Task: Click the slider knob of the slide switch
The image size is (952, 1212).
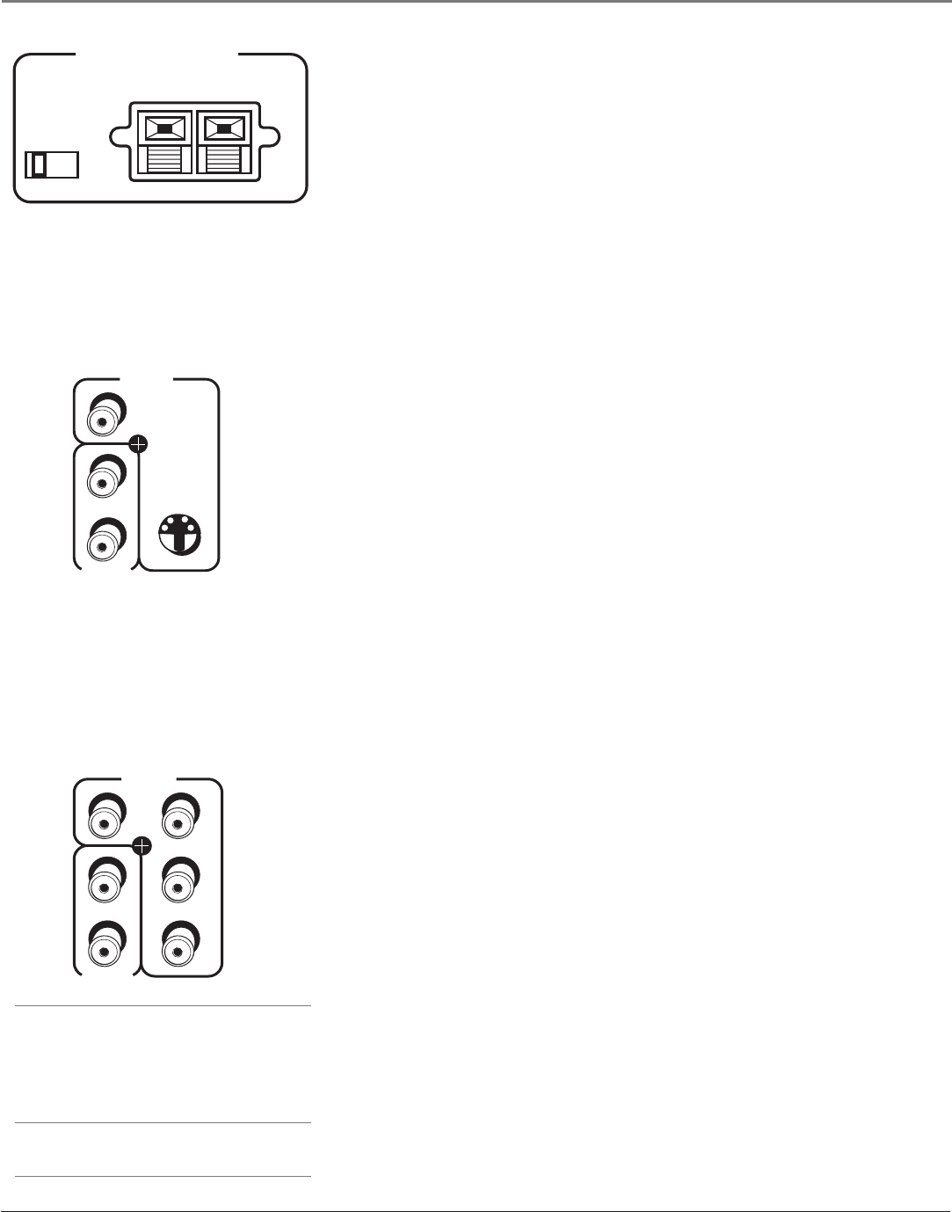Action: [x=37, y=164]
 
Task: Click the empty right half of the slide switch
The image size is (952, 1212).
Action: [x=62, y=164]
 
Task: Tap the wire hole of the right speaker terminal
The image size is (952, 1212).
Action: [x=224, y=128]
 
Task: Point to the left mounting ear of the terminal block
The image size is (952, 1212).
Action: [x=119, y=138]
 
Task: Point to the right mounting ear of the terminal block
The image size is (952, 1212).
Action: [x=271, y=138]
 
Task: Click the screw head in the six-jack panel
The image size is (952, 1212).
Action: [x=141, y=846]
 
